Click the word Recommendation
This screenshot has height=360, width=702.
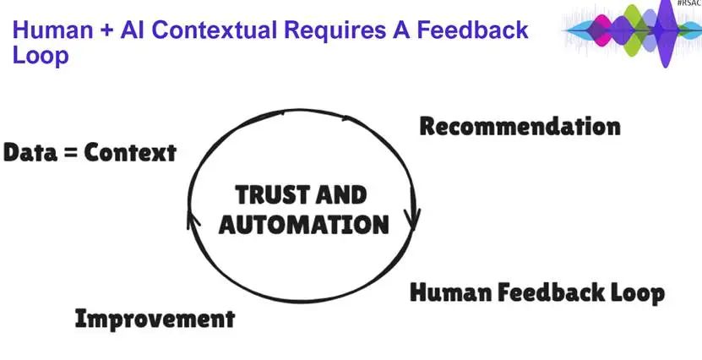(520, 126)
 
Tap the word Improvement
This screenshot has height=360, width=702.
(155, 319)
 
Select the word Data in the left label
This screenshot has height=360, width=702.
(30, 153)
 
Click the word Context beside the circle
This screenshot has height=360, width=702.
(130, 153)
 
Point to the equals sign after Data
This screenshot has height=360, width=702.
(71, 154)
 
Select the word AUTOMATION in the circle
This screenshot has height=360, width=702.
(303, 225)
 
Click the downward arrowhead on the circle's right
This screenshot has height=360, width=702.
(413, 218)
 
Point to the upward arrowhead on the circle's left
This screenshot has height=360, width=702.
(193, 220)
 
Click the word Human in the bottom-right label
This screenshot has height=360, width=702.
(450, 293)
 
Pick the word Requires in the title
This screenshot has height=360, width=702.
(335, 31)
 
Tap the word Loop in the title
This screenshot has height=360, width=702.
(41, 56)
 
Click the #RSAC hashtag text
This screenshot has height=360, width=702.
(689, 3)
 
